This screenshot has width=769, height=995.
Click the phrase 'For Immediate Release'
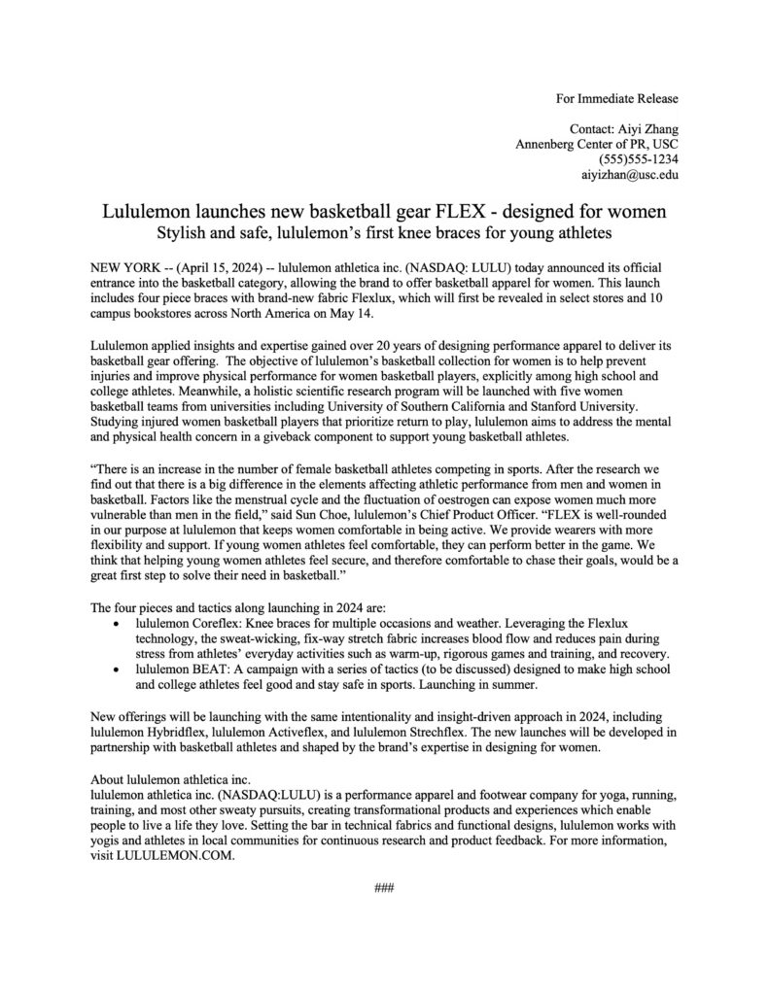[x=616, y=98]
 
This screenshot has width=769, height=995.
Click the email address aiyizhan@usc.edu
[x=630, y=175]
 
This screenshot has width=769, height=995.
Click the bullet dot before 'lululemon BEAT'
[x=119, y=669]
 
